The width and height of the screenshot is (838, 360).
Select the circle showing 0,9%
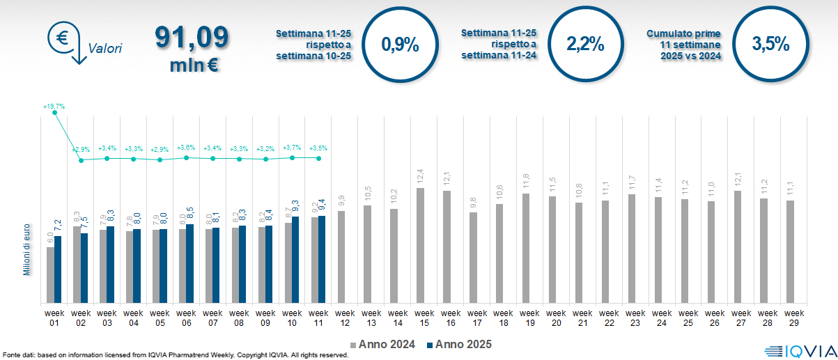point(400,45)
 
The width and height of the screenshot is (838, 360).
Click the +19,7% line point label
point(54,107)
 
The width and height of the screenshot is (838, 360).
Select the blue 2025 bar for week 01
point(58,269)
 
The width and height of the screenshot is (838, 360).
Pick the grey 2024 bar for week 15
point(421,245)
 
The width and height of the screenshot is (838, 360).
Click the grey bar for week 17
point(474,258)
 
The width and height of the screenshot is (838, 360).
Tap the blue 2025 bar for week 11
point(321,259)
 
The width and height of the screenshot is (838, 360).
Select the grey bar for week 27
point(738,246)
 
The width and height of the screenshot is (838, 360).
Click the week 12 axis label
point(341,317)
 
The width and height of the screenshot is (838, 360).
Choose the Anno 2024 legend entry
point(382,344)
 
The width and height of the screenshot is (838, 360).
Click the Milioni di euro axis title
point(27,249)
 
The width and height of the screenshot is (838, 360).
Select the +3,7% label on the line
point(292,148)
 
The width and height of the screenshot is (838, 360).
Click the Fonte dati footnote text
point(175,355)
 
